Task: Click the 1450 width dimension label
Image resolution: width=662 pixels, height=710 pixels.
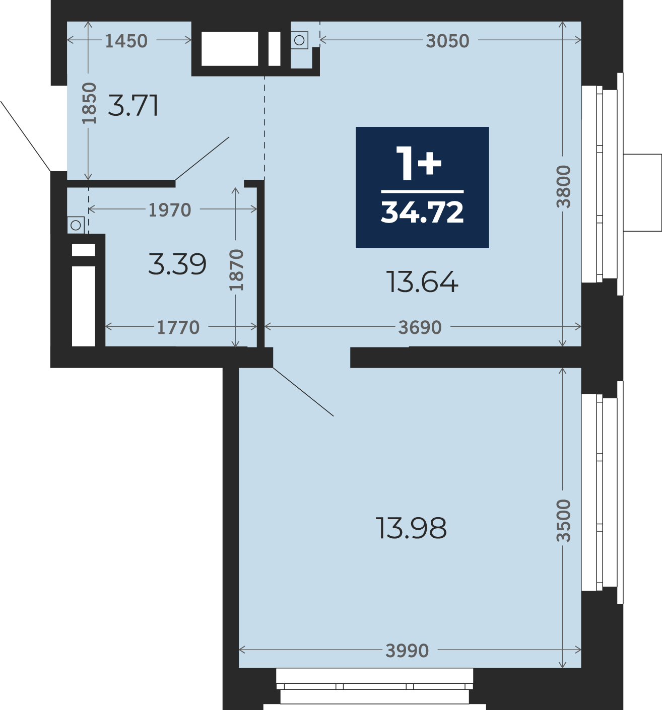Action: coord(126,41)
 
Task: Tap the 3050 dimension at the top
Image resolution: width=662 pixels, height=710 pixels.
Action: coord(447,41)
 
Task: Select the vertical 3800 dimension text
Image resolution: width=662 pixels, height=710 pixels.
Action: coord(563,186)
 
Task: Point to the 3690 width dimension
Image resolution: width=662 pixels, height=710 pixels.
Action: coord(420,327)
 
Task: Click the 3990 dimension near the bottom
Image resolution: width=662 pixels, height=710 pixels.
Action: coord(407,651)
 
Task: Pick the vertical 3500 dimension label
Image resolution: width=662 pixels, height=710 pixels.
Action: coord(563,521)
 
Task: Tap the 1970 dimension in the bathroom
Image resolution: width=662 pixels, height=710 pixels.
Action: coord(170,210)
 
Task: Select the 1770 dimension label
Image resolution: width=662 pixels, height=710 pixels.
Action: coord(178,327)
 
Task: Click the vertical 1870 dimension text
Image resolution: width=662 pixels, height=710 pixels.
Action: coord(236,270)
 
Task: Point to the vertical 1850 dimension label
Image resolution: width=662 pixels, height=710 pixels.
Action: coord(89,103)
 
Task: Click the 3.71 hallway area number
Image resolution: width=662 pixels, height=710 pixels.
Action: coord(133,105)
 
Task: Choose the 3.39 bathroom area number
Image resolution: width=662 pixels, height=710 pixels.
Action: coord(177,264)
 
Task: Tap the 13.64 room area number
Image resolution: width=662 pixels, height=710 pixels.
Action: coord(422,282)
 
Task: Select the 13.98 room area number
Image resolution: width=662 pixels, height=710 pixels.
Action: coord(411,528)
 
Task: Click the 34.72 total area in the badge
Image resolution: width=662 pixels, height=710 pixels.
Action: coord(422,212)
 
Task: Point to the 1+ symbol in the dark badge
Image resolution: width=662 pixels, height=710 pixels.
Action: coord(419,164)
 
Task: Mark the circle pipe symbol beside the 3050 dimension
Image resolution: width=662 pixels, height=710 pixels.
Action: coord(299,40)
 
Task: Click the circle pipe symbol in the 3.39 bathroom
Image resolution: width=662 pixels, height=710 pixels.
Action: coord(76,225)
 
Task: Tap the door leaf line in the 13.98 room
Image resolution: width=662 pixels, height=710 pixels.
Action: coord(303,392)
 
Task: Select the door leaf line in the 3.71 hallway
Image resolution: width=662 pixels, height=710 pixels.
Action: coord(202,159)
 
